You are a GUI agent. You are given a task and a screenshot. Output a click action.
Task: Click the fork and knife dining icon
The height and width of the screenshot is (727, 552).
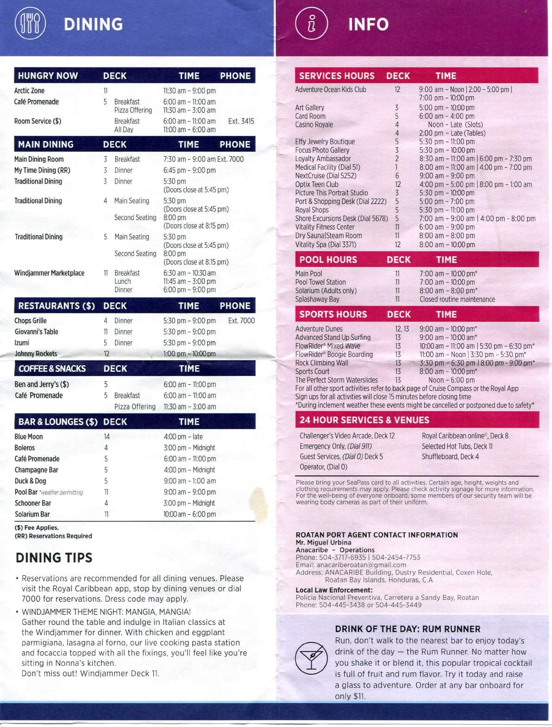[x=31, y=24]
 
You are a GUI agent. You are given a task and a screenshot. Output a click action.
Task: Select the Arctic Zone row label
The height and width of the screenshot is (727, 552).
[x=30, y=91]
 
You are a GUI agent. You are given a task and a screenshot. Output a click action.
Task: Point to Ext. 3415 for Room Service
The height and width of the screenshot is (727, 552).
[x=241, y=121]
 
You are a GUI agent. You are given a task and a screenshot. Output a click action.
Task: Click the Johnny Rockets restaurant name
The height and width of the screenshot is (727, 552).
[x=36, y=354]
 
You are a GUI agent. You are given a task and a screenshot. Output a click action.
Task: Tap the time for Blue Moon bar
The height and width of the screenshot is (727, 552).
[x=183, y=437]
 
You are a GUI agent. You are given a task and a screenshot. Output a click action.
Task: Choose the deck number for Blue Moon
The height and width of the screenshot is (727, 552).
[x=107, y=437]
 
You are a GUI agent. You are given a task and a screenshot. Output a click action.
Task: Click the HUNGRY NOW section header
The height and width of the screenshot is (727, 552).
[x=48, y=76]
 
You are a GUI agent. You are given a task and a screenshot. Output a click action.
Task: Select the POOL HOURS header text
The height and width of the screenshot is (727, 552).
[x=328, y=260]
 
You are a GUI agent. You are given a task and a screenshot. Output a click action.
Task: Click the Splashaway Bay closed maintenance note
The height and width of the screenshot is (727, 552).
[x=457, y=299]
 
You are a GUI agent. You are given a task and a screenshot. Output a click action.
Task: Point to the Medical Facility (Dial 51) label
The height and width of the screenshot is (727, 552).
[x=327, y=167]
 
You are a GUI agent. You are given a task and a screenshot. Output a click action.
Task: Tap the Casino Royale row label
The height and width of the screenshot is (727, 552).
[x=314, y=124]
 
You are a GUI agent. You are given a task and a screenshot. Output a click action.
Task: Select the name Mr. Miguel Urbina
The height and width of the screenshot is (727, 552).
[x=323, y=542]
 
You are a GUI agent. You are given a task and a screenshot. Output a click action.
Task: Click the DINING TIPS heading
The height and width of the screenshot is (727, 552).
[x=54, y=558]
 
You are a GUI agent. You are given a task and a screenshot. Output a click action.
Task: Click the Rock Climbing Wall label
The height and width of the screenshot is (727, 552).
[x=321, y=363]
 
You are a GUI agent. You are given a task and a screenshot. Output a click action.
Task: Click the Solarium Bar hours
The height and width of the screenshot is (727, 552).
[x=189, y=514]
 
